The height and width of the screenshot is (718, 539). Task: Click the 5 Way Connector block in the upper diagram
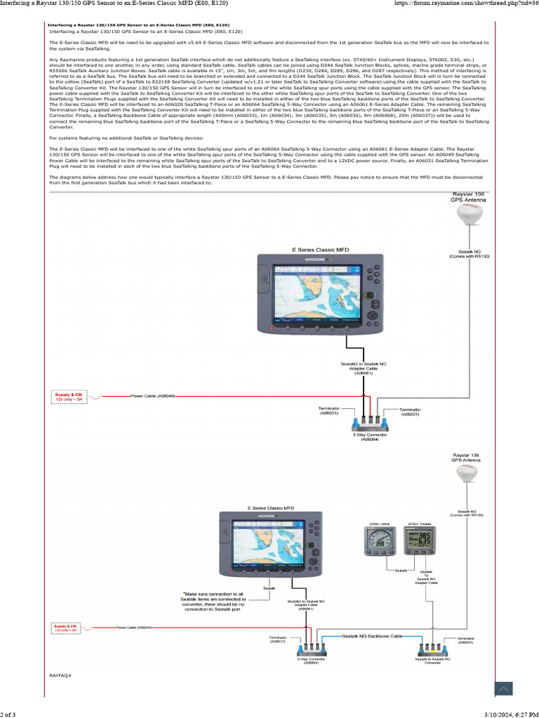coord(370,424)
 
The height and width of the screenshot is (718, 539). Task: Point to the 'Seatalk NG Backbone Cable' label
coord(372,635)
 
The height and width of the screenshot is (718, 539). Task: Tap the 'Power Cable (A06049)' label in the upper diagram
coord(153,396)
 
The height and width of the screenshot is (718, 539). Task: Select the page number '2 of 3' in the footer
coord(8,713)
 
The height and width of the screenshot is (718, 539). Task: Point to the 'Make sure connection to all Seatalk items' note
coord(214,602)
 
